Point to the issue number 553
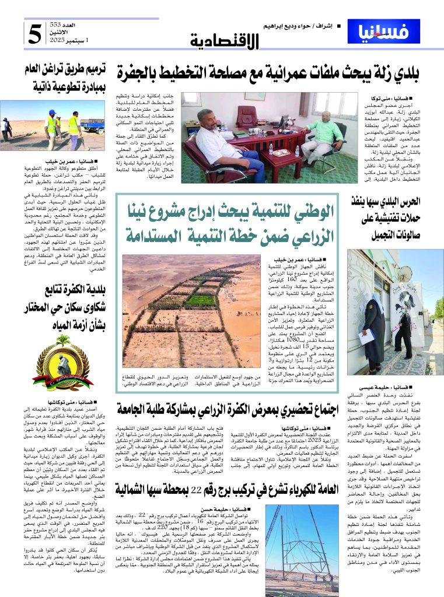(x=71, y=24)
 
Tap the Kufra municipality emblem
(x=59, y=364)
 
